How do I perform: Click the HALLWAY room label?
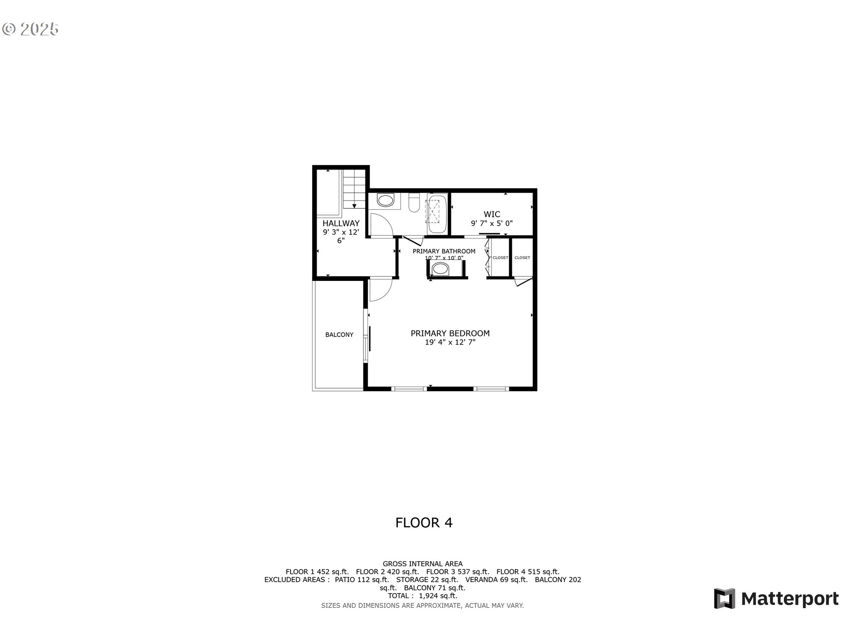(x=341, y=223)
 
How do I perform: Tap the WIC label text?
(x=492, y=215)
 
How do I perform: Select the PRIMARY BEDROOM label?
(x=450, y=333)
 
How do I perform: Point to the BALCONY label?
(x=339, y=335)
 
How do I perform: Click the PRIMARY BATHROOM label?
(x=444, y=251)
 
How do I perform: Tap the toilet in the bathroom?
(x=414, y=204)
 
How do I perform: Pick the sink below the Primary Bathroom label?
(x=440, y=269)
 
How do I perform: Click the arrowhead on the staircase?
(x=354, y=206)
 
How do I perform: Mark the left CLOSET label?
(x=500, y=258)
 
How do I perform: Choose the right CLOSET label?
(x=522, y=258)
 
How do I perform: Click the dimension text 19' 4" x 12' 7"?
(x=450, y=342)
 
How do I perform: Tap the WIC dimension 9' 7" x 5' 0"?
(x=492, y=223)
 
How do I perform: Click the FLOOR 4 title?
(x=424, y=523)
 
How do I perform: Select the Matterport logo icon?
(x=724, y=598)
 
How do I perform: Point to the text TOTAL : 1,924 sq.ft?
(x=422, y=596)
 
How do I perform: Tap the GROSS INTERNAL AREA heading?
(x=422, y=564)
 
